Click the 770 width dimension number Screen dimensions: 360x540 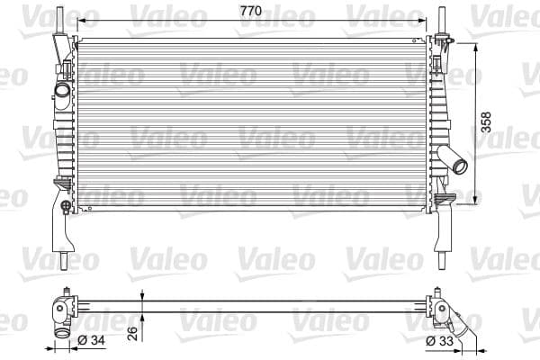coord(250,10)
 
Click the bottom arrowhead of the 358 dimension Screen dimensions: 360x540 coord(474,202)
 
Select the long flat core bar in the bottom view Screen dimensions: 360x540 coord(252,301)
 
